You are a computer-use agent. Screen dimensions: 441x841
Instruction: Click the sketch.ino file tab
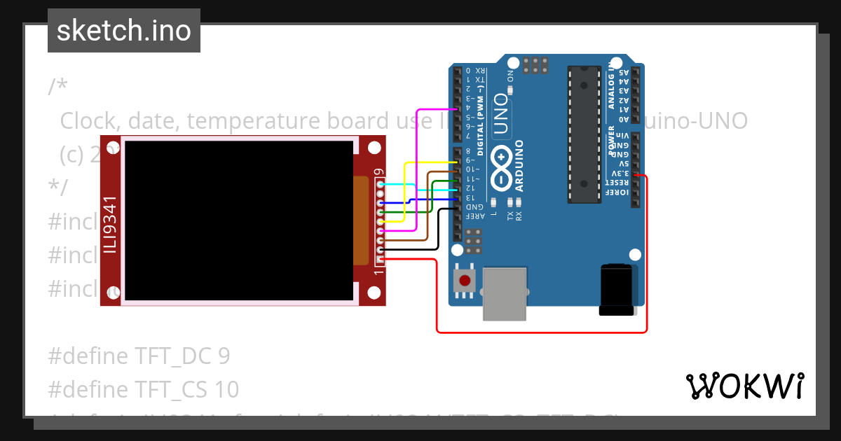click(124, 31)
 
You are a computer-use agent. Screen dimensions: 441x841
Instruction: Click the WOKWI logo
click(744, 386)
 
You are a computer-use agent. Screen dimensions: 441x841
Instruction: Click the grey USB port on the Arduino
click(505, 293)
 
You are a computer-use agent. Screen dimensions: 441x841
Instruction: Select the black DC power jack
click(617, 289)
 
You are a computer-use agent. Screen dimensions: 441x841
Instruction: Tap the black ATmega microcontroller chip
click(584, 134)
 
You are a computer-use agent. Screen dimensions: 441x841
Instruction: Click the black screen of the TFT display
click(239, 220)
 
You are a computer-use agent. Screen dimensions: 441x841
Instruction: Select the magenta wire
click(418, 168)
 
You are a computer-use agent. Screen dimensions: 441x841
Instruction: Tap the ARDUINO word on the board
click(519, 165)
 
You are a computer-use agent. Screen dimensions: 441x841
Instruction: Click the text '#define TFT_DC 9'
click(139, 356)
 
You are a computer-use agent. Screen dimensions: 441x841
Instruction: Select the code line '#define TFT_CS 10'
click(144, 389)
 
